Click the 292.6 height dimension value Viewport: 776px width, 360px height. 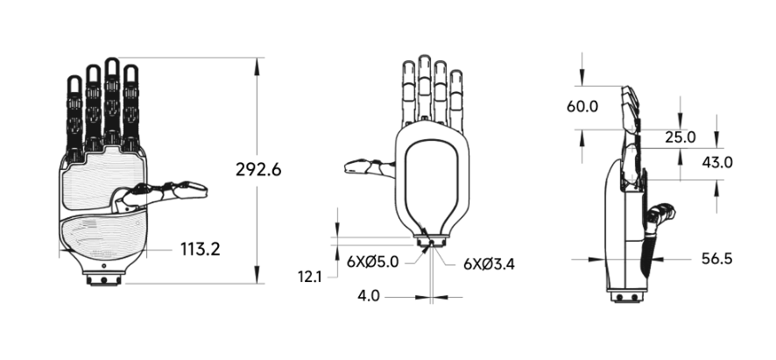pyautogui.click(x=258, y=170)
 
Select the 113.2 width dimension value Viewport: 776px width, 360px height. pyautogui.click(x=200, y=249)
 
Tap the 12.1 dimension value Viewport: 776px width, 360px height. pyautogui.click(x=310, y=277)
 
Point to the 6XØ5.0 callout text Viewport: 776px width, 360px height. pyautogui.click(x=372, y=261)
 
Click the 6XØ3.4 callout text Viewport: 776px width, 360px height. pyautogui.click(x=489, y=264)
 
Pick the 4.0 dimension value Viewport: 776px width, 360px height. pyautogui.click(x=369, y=296)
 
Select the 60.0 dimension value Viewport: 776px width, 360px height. pyautogui.click(x=582, y=107)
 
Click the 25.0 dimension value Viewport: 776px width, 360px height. pyautogui.click(x=680, y=138)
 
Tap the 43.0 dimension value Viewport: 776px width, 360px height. pyautogui.click(x=717, y=162)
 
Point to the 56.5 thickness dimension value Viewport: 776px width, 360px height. pyautogui.click(x=716, y=258)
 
